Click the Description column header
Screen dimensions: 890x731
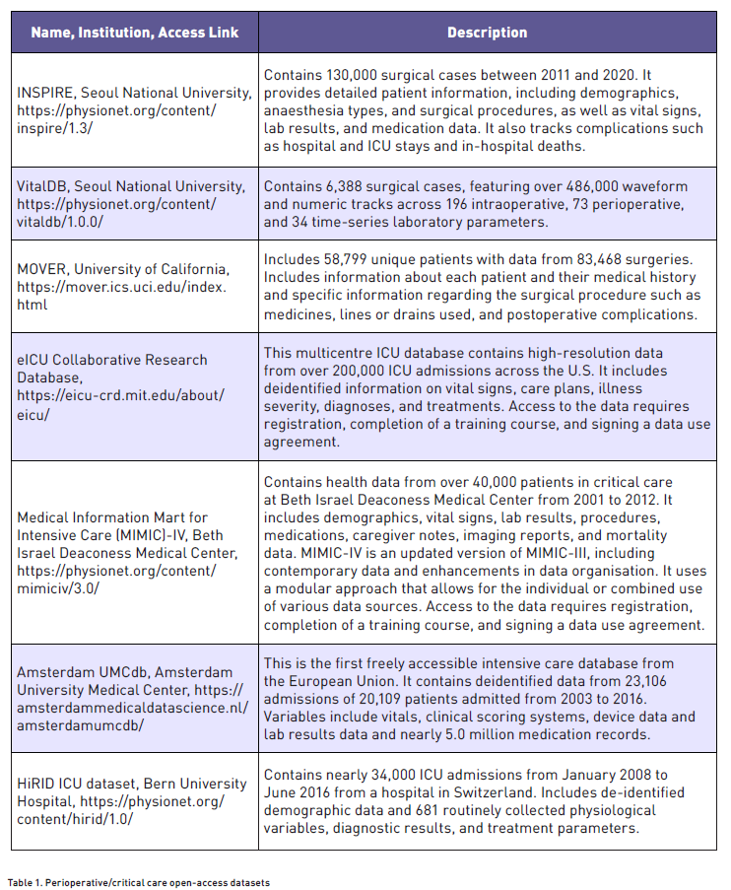pos(487,33)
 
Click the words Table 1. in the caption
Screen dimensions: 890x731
pos(29,882)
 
